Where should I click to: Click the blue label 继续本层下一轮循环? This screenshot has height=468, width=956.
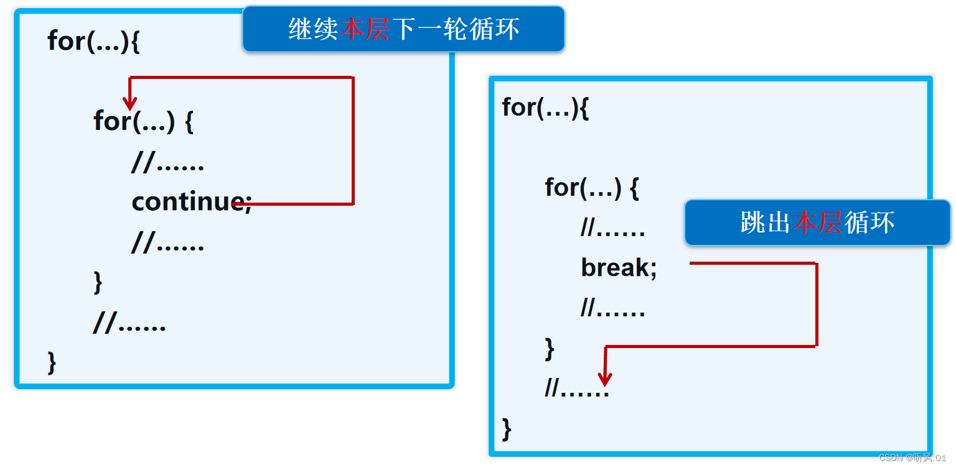click(x=403, y=29)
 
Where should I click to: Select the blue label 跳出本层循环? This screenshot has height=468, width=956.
click(x=817, y=223)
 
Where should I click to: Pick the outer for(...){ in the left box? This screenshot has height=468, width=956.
click(x=93, y=42)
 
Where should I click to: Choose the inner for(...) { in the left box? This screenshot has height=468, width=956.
click(x=144, y=121)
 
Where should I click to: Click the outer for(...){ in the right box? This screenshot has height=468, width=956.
click(x=545, y=108)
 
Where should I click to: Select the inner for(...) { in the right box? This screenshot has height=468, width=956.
click(x=592, y=187)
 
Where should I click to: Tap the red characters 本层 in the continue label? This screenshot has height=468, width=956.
click(x=365, y=29)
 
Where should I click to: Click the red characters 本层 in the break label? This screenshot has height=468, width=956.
click(x=817, y=223)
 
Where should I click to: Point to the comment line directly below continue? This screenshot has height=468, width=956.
click(x=168, y=243)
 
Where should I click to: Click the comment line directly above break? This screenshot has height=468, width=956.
click(x=613, y=229)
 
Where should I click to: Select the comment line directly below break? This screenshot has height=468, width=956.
click(x=613, y=308)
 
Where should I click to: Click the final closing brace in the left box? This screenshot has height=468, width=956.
click(x=52, y=363)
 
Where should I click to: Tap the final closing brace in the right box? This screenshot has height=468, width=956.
click(x=507, y=429)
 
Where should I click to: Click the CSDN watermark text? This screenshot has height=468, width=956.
click(x=912, y=458)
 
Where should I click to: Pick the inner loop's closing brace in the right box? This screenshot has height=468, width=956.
click(x=549, y=349)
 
